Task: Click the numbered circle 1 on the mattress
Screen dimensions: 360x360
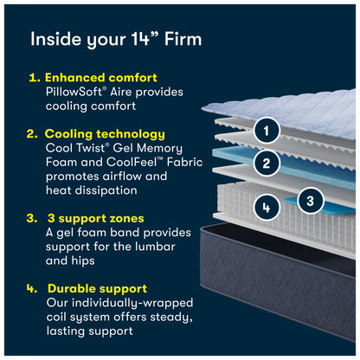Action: tap(267, 131)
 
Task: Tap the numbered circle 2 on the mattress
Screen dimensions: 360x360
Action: tap(267, 164)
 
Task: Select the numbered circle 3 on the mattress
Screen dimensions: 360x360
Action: tap(310, 201)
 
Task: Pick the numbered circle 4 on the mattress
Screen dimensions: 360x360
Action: tap(267, 207)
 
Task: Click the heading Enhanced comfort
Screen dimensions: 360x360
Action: tap(101, 78)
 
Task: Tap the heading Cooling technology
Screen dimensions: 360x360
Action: tap(105, 134)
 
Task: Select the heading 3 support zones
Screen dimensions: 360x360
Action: tap(96, 218)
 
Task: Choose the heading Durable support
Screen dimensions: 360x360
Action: tap(98, 288)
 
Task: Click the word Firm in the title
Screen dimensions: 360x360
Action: tap(183, 39)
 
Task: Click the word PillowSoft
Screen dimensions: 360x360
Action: tap(74, 92)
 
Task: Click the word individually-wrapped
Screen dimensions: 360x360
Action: tap(132, 303)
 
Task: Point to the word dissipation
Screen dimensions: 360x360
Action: tap(106, 190)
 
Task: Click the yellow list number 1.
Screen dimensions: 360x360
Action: tap(35, 78)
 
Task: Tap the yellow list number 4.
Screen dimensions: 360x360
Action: tap(32, 289)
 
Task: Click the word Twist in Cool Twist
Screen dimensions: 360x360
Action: tap(91, 148)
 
